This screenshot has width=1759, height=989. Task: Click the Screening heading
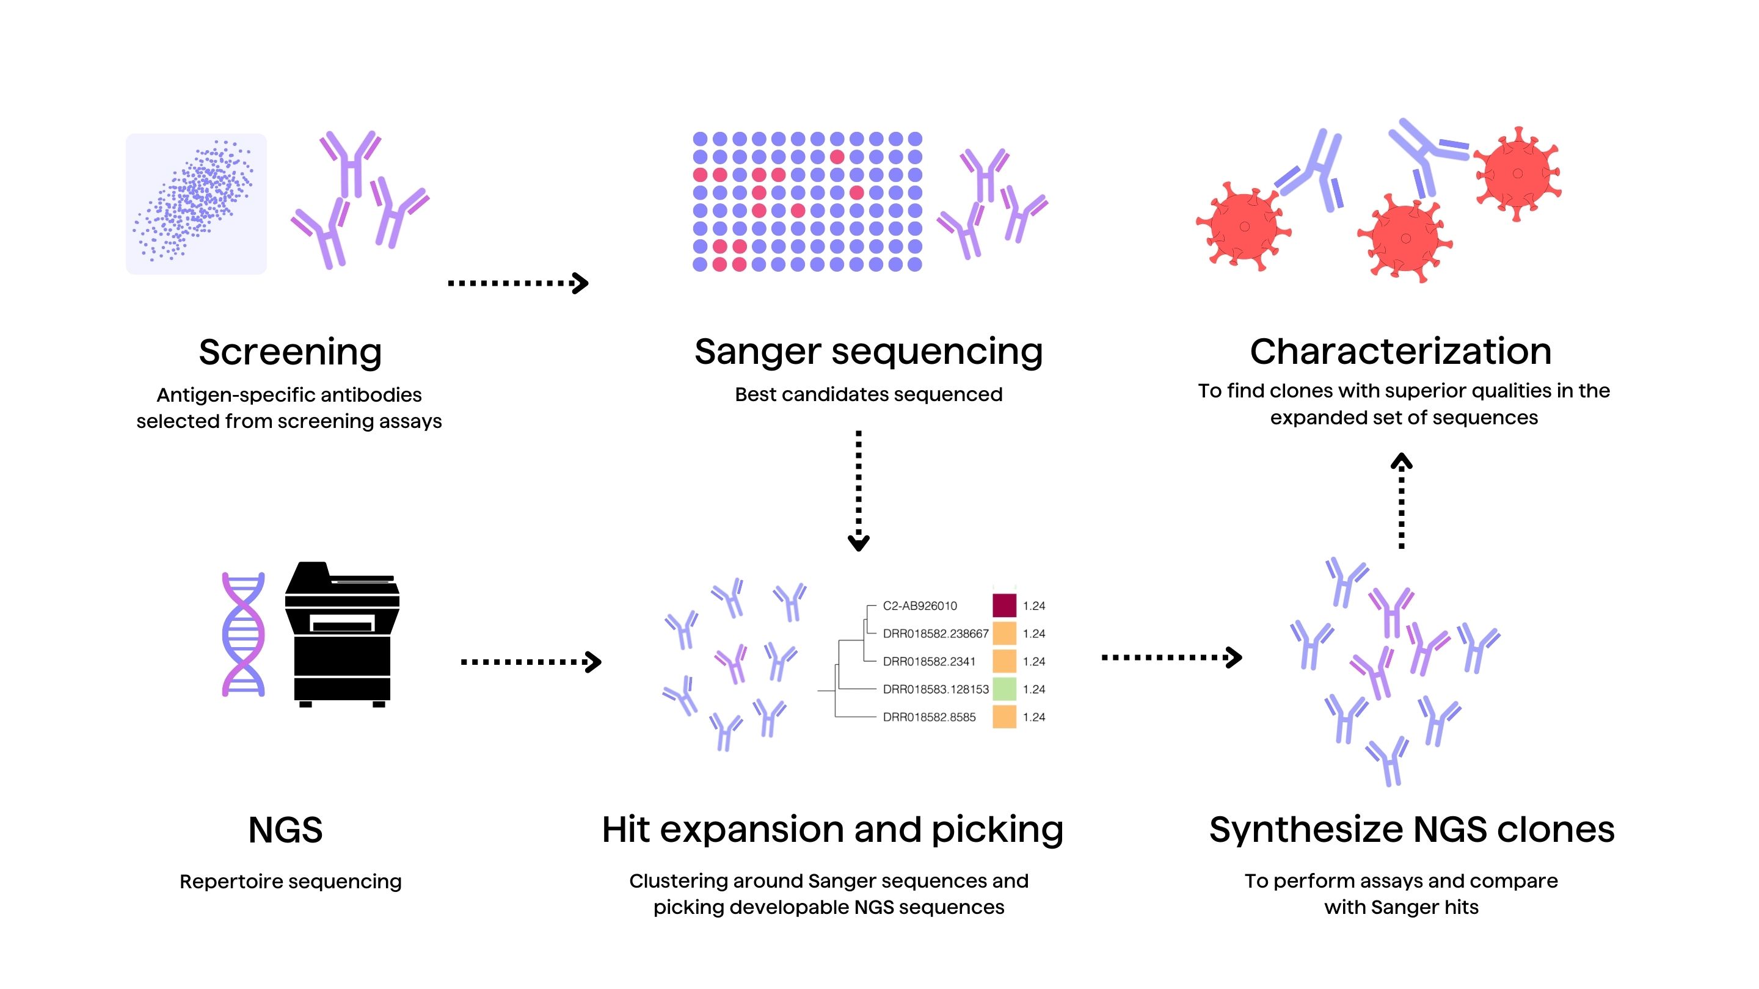coord(290,353)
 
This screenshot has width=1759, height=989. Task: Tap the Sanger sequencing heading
coord(868,353)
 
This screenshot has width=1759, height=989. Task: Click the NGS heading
coord(285,830)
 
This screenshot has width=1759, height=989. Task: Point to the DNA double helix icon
coord(243,634)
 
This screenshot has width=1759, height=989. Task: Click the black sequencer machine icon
coord(342,634)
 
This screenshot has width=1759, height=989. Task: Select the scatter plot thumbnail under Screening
coord(196,204)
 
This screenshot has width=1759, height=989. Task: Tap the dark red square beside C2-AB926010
coord(1003,606)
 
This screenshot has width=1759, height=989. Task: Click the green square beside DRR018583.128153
coord(1003,689)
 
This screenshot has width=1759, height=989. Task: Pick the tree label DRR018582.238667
coord(935,634)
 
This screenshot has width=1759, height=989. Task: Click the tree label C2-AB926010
coord(919,606)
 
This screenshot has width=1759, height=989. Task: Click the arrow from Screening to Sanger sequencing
coord(517,283)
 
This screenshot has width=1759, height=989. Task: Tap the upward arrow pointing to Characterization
coord(1401,501)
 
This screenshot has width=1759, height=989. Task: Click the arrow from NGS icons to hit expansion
coord(531,661)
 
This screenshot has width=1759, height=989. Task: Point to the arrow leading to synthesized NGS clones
coord(1171,658)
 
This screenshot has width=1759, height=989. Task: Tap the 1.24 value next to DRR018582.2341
coord(1034,661)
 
